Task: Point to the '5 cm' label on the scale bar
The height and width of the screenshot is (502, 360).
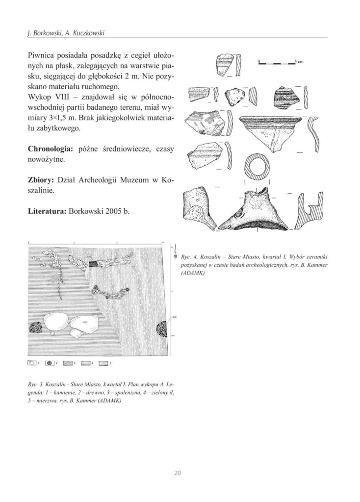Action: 299,62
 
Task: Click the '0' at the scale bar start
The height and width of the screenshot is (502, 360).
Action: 258,61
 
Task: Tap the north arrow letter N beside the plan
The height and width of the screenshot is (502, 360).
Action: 175,256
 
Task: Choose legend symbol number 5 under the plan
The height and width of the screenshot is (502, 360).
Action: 103,363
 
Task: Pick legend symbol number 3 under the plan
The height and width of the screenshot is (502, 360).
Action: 67,363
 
